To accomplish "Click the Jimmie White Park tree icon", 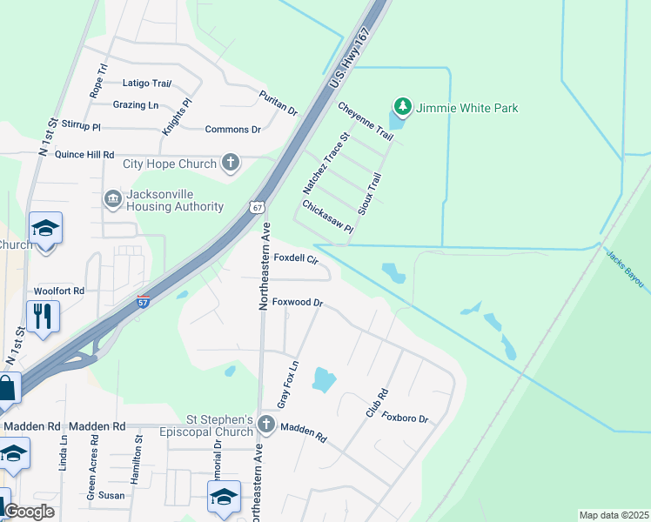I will coord(402,108).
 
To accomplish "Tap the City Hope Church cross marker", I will coord(231,164).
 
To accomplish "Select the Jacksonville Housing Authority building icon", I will coord(112,199).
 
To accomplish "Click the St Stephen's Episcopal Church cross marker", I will coord(267,425).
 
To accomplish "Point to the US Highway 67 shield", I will coord(254,206).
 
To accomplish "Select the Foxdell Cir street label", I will coord(297,258).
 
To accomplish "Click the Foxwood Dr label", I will coord(298,303).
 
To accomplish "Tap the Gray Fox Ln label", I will coord(287,385).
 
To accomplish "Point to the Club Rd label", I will coord(376,402).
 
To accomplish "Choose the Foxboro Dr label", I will coord(406,418).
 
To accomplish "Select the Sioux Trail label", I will coord(370,193).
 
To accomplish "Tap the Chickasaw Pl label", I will coord(327,217).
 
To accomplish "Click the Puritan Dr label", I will coord(279,103).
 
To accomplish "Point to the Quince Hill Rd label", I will coord(84,155).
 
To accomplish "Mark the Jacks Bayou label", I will coord(627,271).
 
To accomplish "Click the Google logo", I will coord(30,512).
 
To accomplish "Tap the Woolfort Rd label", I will coord(59,291).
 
